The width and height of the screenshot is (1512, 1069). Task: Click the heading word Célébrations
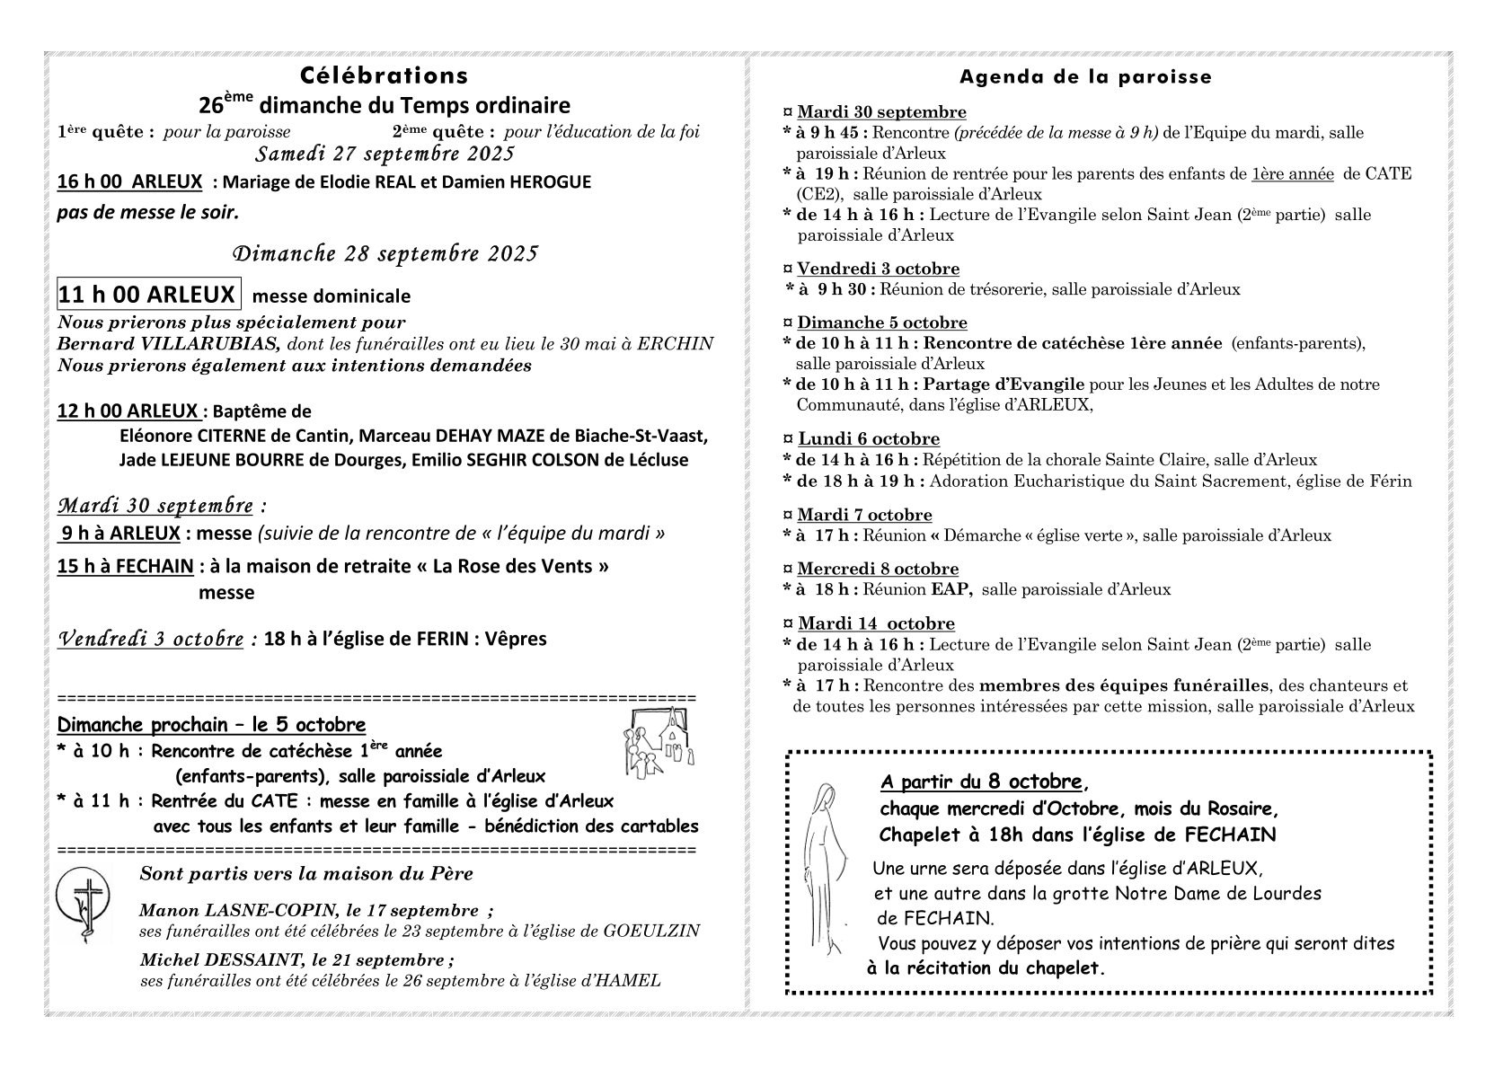coord(384,75)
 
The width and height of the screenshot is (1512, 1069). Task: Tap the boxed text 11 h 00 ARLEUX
coord(147,295)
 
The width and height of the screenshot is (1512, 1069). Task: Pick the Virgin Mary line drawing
coord(822,868)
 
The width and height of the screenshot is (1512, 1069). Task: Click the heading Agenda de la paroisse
coord(1085,77)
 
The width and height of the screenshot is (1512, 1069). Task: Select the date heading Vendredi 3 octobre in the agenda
coord(878,269)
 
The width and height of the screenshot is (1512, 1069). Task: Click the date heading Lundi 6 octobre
coord(868,438)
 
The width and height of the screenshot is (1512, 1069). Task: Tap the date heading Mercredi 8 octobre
coord(878,569)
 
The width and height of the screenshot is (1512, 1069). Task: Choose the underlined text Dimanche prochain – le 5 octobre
coord(211,724)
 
